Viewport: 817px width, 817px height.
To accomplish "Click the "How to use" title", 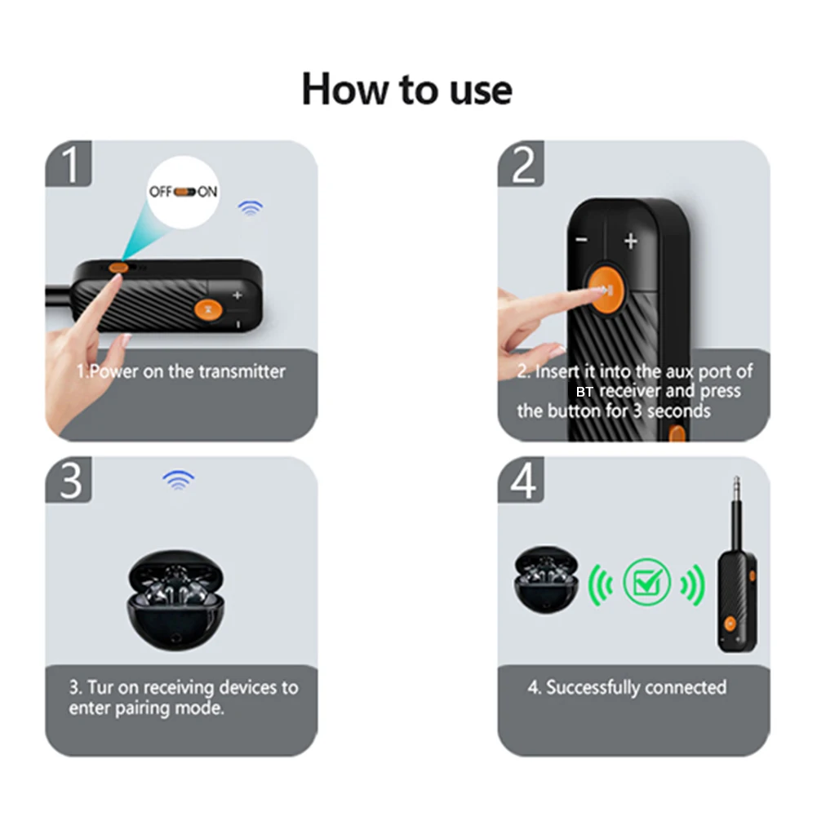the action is [x=407, y=89].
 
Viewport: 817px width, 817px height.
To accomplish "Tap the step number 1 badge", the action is [x=69, y=163].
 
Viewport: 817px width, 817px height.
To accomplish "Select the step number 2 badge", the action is [x=521, y=163].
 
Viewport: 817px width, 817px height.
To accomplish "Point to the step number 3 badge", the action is [x=69, y=480].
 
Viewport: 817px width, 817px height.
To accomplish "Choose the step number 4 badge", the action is [x=521, y=480].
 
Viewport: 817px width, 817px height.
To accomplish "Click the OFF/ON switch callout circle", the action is [x=183, y=192].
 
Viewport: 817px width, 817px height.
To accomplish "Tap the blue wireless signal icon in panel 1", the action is [x=251, y=208].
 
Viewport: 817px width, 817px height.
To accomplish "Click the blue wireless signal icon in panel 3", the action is [x=179, y=480].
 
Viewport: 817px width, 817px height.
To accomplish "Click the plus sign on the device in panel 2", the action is [x=631, y=241].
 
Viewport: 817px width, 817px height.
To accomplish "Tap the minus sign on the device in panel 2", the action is [x=581, y=240].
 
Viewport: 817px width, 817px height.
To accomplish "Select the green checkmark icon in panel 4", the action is [x=646, y=582].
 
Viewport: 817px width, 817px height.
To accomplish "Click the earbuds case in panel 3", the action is [x=176, y=600].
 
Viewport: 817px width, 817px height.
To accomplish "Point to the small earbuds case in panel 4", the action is [x=545, y=579].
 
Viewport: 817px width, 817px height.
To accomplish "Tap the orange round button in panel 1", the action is [x=208, y=309].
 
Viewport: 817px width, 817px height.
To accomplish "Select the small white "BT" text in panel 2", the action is [x=584, y=392].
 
